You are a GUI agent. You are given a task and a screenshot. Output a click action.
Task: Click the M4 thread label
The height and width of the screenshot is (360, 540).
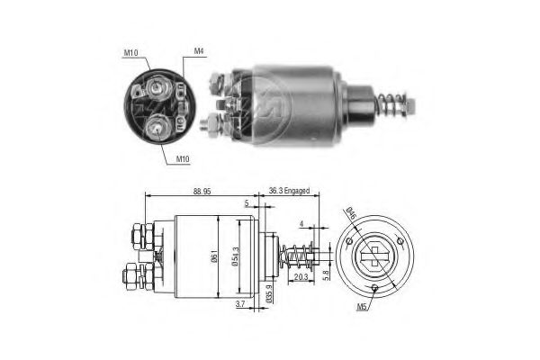tap(198, 51)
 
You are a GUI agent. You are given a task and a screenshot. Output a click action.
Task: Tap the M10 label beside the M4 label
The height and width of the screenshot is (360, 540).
tap(131, 51)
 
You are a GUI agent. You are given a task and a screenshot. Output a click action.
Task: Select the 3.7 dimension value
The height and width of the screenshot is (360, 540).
tap(238, 305)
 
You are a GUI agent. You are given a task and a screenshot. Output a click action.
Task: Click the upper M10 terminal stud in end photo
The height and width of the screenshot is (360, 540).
tap(159, 88)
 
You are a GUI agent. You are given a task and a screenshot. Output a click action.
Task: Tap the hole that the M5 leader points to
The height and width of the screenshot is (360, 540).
tap(374, 288)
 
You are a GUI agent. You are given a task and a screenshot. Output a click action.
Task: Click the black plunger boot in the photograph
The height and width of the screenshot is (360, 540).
tap(362, 101)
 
